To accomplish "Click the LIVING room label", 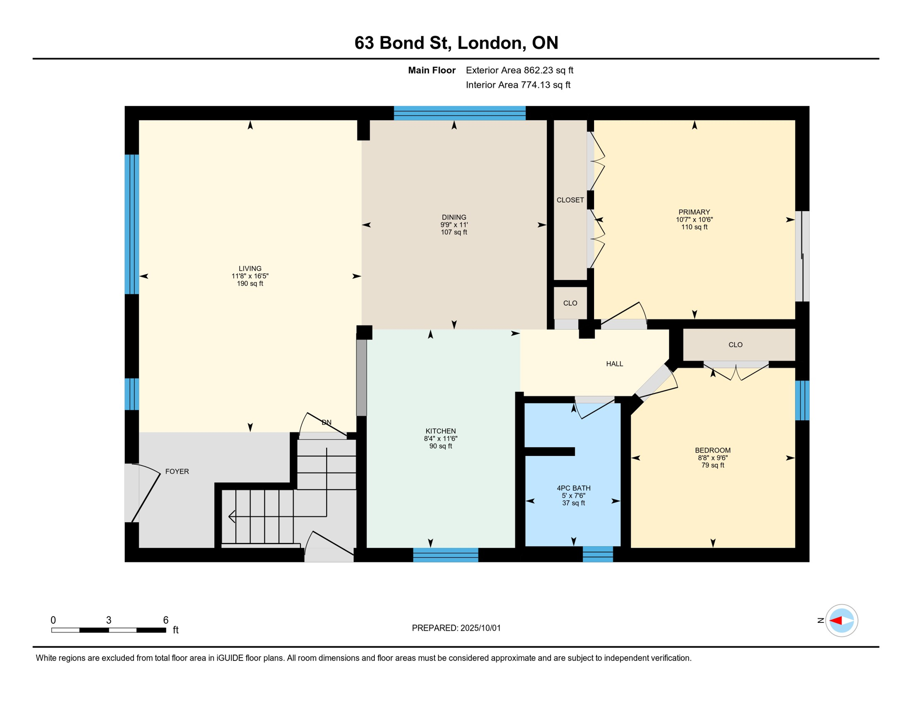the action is click(250, 269).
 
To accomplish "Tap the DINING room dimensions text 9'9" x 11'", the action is click(454, 225).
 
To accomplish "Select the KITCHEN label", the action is click(441, 431).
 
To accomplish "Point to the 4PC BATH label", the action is click(573, 489).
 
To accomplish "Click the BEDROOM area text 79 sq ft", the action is click(713, 466).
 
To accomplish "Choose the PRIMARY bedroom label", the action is click(694, 212).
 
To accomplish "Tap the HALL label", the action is click(615, 364).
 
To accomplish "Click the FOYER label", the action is click(177, 472).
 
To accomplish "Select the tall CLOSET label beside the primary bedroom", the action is click(570, 200).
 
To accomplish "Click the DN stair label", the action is click(327, 423).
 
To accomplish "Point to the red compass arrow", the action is click(836, 621).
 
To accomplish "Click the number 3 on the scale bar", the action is click(109, 620).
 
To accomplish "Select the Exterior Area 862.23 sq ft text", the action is click(519, 71).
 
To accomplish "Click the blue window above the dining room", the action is click(460, 113).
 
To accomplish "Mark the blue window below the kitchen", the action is click(445, 555).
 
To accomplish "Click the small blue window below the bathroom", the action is click(598, 554).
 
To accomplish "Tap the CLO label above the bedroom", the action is click(735, 345).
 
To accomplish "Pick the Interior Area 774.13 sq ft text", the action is click(518, 85).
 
